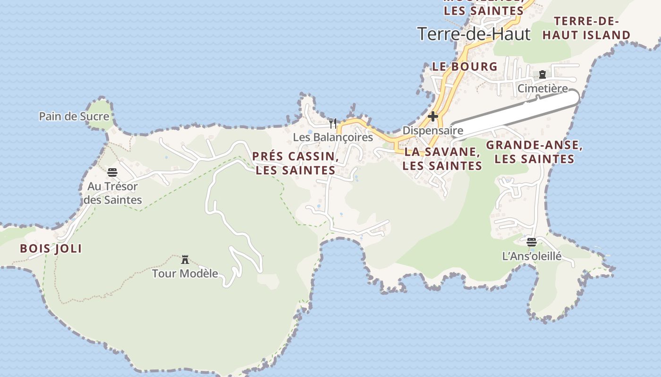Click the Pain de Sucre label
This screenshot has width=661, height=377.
[x=74, y=116]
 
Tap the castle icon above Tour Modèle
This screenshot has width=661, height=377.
[x=185, y=260]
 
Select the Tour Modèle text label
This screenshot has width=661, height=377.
[x=185, y=273]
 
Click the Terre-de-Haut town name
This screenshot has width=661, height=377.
[x=474, y=34]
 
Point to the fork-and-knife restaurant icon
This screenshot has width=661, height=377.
[x=333, y=123]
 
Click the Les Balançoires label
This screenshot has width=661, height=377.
[x=333, y=138]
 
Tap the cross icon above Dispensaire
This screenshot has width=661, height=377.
[x=432, y=116]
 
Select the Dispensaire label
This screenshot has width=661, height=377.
[x=432, y=131]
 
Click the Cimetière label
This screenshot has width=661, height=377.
[x=542, y=89]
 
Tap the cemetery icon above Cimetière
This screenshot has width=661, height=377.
[x=542, y=74]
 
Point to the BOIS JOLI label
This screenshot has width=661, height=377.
[x=51, y=249]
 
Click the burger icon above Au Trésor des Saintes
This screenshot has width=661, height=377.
[x=112, y=172]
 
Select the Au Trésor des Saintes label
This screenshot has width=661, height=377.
[x=113, y=193]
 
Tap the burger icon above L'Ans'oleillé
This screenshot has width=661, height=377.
[x=532, y=242]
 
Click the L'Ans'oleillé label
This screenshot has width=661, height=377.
[x=532, y=256]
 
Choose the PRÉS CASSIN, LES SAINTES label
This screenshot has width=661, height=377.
[x=296, y=164]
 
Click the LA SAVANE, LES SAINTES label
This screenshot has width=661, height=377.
[x=442, y=159]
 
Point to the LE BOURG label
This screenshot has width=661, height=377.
[x=465, y=66]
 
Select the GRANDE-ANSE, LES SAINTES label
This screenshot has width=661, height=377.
[x=534, y=152]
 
